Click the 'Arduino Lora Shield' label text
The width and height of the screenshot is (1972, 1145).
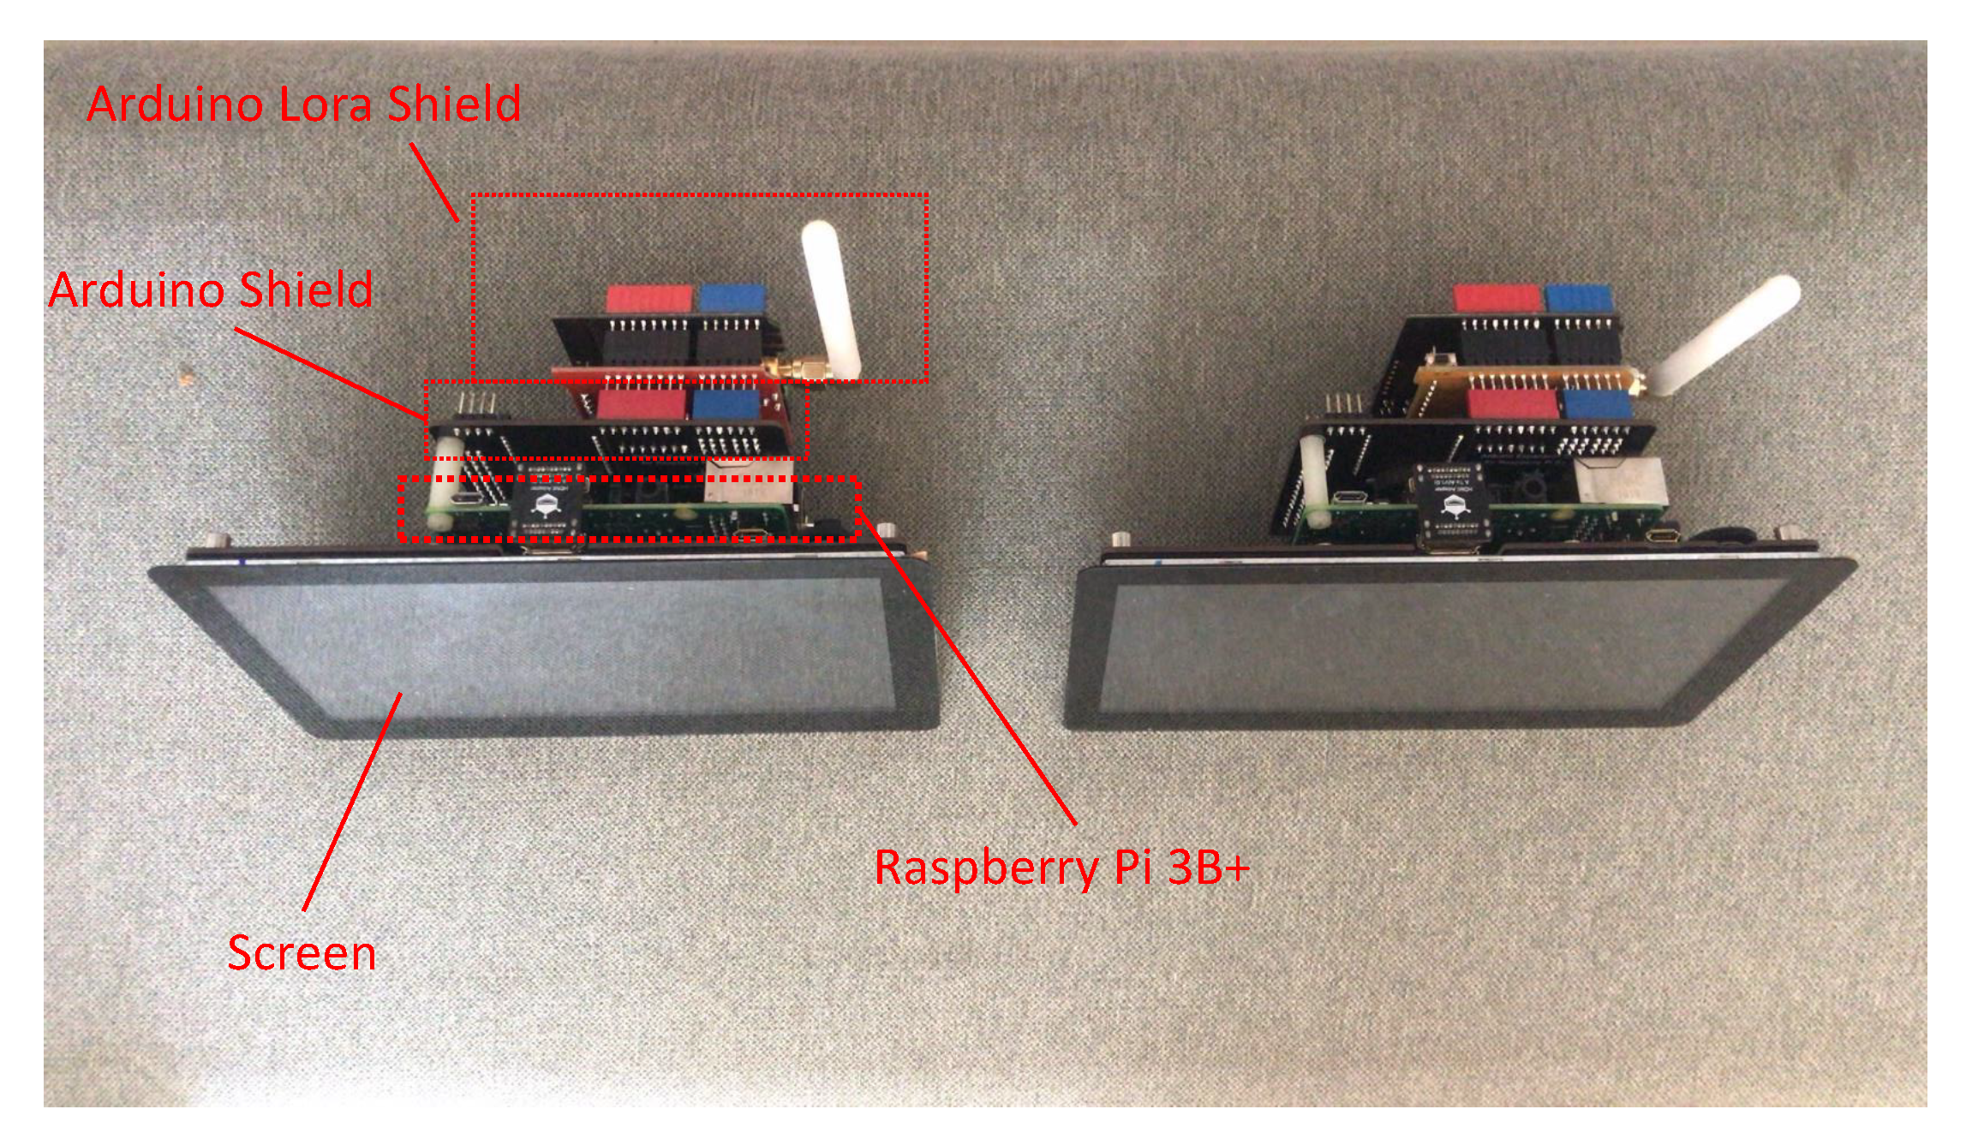tap(304, 105)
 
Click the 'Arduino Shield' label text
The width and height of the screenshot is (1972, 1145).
tap(210, 289)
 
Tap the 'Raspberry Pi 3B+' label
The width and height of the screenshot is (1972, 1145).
tap(1062, 867)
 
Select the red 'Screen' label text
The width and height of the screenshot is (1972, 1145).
tap(302, 953)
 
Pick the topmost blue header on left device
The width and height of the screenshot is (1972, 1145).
tap(732, 298)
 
